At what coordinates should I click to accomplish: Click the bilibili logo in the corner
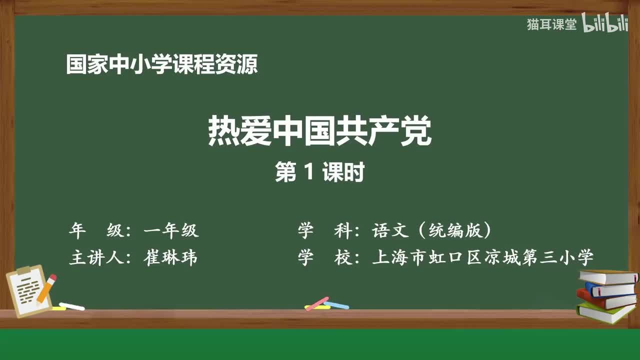[604, 25]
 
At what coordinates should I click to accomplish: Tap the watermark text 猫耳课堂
[551, 25]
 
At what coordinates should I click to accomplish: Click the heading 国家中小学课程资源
[162, 65]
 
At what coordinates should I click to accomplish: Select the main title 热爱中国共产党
[319, 131]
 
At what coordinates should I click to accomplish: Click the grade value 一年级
[171, 230]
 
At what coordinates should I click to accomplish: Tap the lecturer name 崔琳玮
[170, 257]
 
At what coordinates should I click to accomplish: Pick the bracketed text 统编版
[455, 230]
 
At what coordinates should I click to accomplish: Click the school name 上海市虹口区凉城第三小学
[483, 257]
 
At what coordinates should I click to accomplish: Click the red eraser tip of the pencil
[52, 278]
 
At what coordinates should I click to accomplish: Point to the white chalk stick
[72, 306]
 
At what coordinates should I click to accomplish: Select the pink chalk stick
[317, 303]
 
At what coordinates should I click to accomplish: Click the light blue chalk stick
[336, 305]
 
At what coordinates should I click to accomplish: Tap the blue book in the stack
[610, 289]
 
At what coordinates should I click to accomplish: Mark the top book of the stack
[607, 276]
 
